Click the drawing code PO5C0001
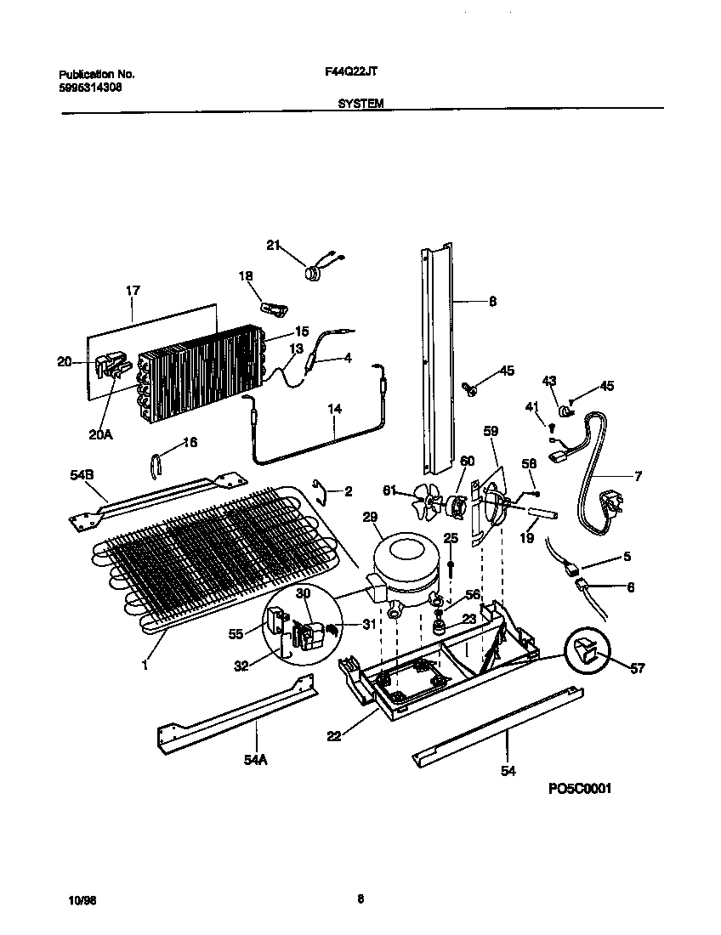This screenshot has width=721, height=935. click(x=580, y=788)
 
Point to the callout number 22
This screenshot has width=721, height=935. click(x=333, y=736)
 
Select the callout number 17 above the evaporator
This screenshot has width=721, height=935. click(x=133, y=291)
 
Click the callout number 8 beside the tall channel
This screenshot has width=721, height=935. click(x=492, y=301)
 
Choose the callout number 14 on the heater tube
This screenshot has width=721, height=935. click(x=335, y=410)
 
